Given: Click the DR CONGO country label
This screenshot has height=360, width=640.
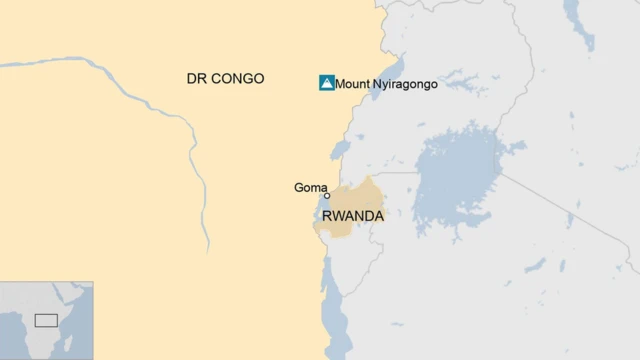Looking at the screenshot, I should [x=225, y=78].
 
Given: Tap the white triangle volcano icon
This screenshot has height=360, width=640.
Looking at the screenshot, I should [x=326, y=83].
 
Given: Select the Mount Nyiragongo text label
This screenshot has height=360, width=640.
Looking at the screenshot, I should [x=386, y=84].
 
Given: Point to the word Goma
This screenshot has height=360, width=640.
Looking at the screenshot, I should [x=310, y=187].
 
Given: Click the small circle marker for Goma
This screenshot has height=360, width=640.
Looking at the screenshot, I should [x=326, y=196].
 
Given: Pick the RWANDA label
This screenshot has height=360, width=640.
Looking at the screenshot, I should [x=353, y=214].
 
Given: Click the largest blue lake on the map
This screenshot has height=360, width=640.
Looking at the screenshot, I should [x=455, y=180].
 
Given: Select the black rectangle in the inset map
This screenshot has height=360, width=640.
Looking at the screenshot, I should [x=46, y=320].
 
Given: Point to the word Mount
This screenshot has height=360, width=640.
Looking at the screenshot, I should [x=352, y=84].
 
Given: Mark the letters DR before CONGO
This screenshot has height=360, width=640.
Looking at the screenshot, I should [x=196, y=78].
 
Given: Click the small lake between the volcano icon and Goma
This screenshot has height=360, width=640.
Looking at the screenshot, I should [x=339, y=151].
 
